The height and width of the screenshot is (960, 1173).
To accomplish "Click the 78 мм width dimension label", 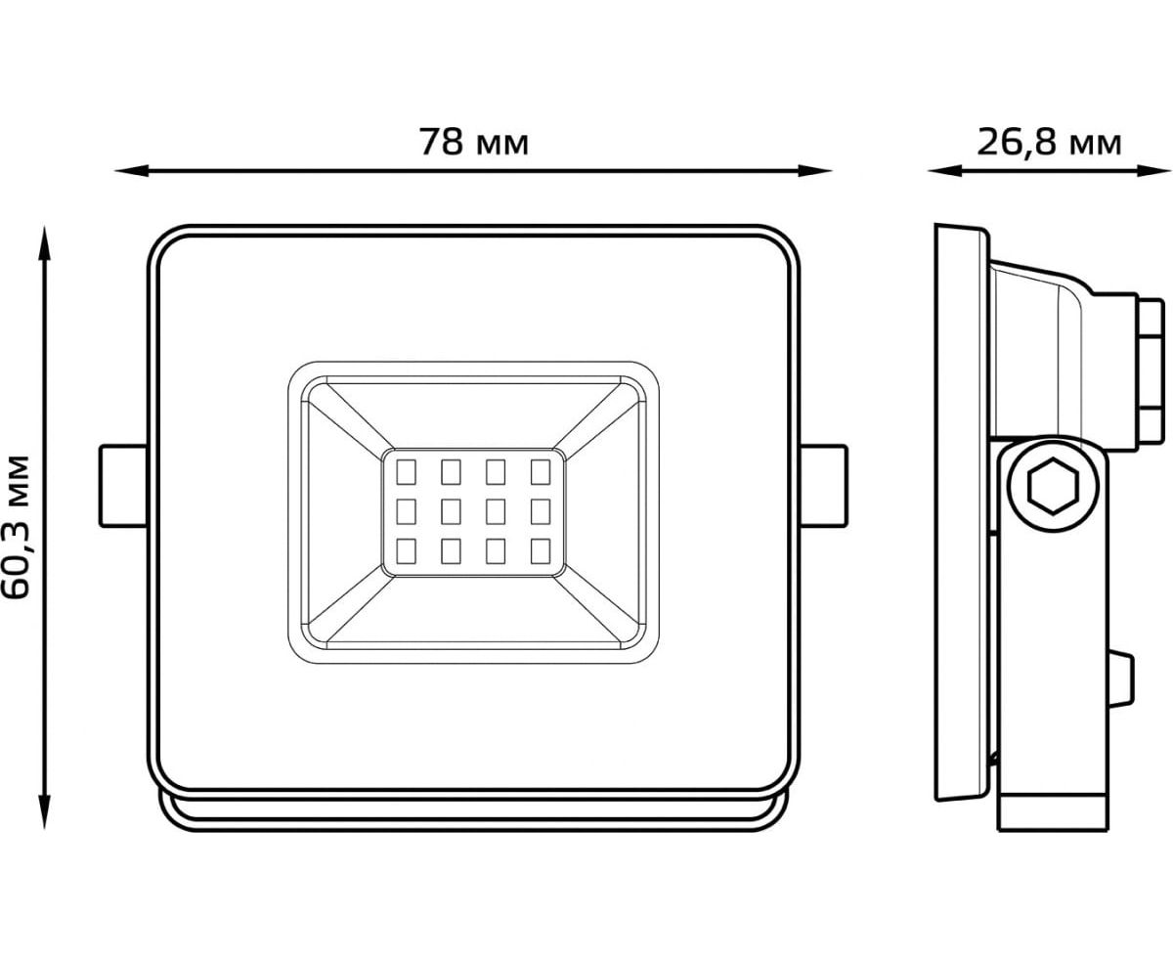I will pos(474,143).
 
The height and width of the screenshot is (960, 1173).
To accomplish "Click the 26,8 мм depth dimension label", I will pos(1049,143).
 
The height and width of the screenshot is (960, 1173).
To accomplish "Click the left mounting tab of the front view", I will pos(123,486).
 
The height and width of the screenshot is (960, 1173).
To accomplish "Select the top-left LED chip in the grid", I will pos(406,472).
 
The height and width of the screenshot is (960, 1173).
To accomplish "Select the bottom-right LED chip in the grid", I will pos(540,550).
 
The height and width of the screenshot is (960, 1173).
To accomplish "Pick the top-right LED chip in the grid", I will pos(540,472).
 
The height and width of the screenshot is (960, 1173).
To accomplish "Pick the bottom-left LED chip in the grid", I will pos(406,550).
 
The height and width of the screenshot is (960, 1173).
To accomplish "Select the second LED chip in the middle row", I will pos(451,510).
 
